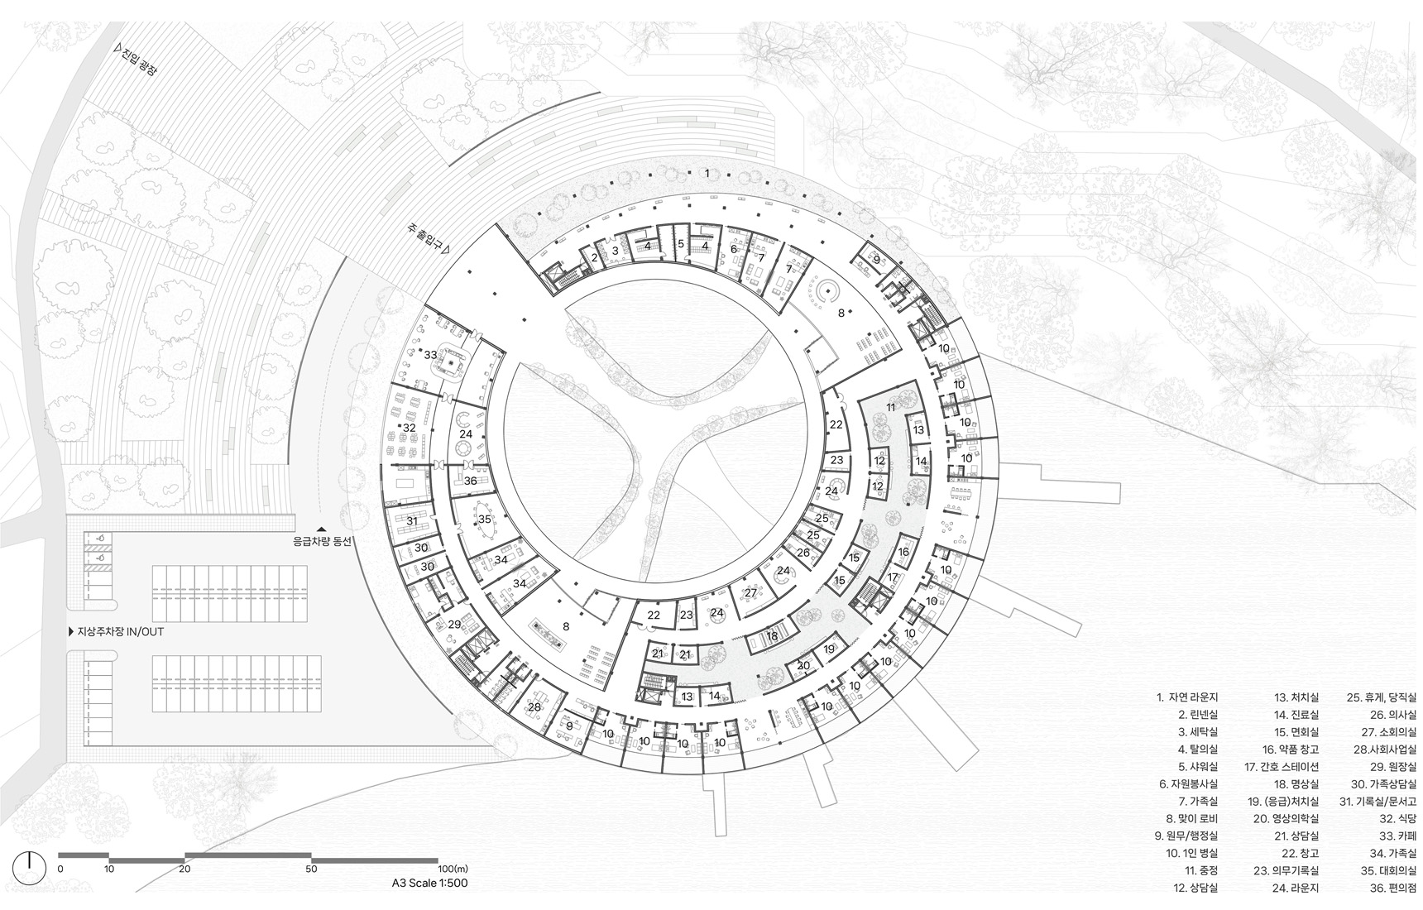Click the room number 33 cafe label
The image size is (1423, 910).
tap(430, 356)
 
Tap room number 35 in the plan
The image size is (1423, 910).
tap(485, 520)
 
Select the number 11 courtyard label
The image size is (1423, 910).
tap(890, 408)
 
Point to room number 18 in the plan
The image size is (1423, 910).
tap(773, 636)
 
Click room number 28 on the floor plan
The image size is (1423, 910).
tap(534, 707)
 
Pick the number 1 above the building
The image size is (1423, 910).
tap(707, 173)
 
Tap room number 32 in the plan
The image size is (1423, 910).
tap(409, 428)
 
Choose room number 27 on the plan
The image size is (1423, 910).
tap(750, 593)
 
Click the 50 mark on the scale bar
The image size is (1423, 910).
tap(311, 869)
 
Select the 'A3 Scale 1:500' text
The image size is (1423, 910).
tap(430, 883)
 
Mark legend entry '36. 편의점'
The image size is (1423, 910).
tap(1387, 888)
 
